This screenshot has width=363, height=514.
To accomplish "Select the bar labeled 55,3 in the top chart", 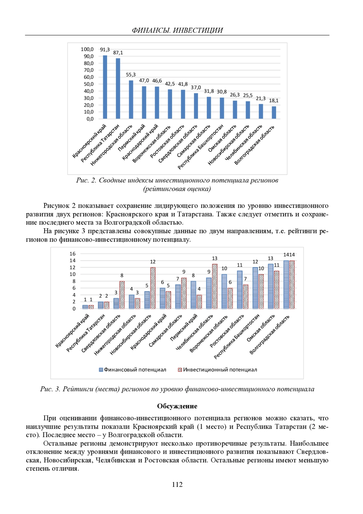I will (131, 100).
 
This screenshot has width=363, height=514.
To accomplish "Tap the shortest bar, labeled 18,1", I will (274, 112).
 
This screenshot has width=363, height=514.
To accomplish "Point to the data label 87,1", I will (118, 53).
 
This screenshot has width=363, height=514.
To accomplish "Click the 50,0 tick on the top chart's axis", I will (89, 84).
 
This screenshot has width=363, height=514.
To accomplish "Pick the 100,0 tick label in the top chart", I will (87, 49).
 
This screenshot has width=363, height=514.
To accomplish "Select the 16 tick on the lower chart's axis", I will (73, 254).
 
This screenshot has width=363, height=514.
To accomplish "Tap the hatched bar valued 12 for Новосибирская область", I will (153, 288).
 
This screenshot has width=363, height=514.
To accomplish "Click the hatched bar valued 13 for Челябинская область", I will (214, 286).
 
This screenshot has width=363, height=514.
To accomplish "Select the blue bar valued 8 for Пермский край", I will (193, 295).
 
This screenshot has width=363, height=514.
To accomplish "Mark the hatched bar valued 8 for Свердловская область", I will (122, 295).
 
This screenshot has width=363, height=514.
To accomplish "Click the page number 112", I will (177, 484).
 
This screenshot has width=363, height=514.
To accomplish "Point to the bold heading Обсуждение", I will (177, 406).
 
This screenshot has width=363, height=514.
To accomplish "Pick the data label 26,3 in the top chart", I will (235, 95).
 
